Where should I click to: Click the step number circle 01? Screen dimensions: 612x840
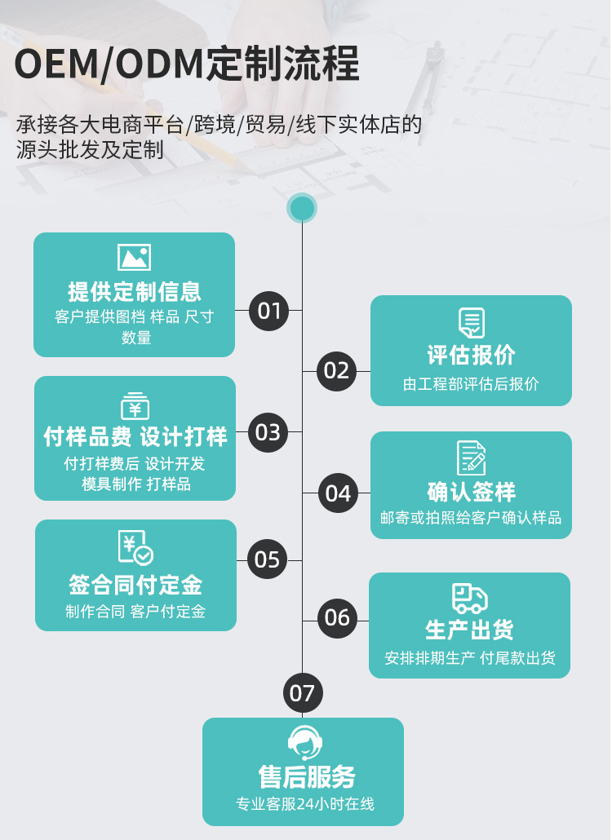pyautogui.click(x=268, y=311)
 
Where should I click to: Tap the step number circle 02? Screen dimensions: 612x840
pyautogui.click(x=336, y=371)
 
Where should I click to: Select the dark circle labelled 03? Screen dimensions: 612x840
pyautogui.click(x=268, y=432)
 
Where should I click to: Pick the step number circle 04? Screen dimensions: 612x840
pyautogui.click(x=337, y=493)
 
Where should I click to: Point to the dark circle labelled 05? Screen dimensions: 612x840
pyautogui.click(x=268, y=559)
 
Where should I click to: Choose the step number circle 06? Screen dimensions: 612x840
pyautogui.click(x=337, y=617)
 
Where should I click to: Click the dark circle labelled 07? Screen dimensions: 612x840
pyautogui.click(x=302, y=693)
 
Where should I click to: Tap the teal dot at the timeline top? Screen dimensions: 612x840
pyautogui.click(x=302, y=209)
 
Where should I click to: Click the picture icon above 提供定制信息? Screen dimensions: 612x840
pyautogui.click(x=134, y=258)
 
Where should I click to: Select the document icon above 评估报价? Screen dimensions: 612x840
pyautogui.click(x=471, y=322)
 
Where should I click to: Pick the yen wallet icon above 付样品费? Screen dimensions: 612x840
pyautogui.click(x=135, y=405)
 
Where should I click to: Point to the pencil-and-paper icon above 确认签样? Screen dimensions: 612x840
pyautogui.click(x=471, y=458)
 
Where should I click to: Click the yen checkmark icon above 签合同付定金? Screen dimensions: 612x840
pyautogui.click(x=135, y=548)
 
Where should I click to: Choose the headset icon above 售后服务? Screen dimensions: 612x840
pyautogui.click(x=304, y=743)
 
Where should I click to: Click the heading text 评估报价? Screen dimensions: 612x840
pyautogui.click(x=471, y=356)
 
